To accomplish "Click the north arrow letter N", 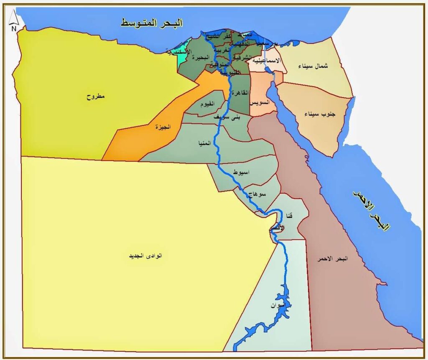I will [x=14, y=28].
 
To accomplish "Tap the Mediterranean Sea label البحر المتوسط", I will [x=152, y=23].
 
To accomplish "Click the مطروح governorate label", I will [x=96, y=97].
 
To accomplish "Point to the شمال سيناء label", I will [x=314, y=66].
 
